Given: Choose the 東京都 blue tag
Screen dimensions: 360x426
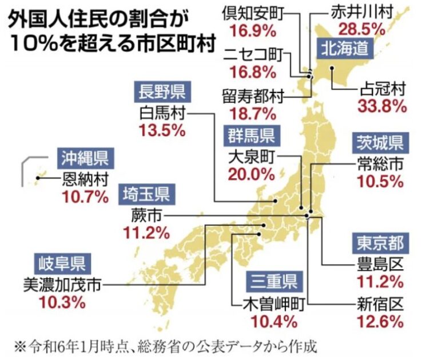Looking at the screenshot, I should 380,243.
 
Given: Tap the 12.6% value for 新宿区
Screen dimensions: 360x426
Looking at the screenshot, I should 381,322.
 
